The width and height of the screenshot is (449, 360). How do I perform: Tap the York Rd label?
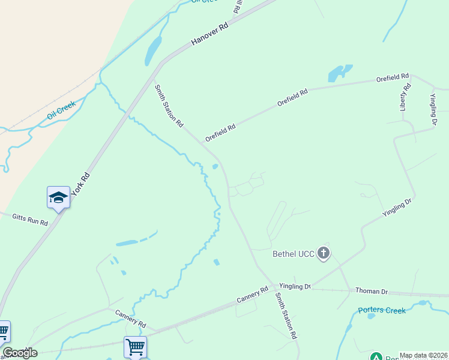(80, 185)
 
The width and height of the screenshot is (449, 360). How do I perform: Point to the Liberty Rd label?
(406, 95)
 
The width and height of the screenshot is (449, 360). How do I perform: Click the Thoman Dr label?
(372, 292)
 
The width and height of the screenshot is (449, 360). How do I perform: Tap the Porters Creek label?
(382, 310)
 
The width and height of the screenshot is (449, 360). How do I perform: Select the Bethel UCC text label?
(294, 254)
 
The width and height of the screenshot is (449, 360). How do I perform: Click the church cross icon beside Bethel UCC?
(324, 253)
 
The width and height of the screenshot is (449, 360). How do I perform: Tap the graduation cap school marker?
(58, 197)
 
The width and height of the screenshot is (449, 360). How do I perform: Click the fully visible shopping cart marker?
(135, 346)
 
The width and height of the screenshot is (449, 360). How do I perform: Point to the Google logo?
(20, 353)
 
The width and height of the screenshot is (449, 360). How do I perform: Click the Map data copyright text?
(423, 355)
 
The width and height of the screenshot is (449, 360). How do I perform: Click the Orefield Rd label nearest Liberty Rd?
(393, 78)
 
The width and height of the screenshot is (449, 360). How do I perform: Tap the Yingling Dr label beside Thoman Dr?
(295, 287)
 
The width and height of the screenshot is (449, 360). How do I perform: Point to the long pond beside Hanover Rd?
(153, 50)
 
